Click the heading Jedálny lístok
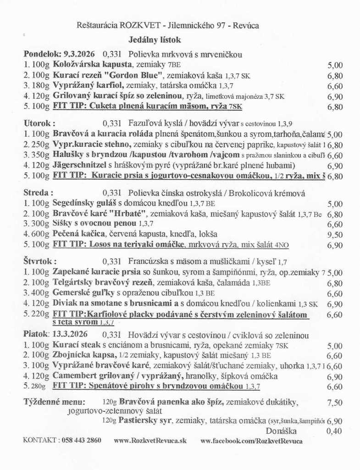point(155,40)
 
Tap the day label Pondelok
point(40,53)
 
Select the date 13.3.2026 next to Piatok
point(72,335)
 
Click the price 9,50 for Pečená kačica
point(335,234)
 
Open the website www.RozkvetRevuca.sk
point(150,440)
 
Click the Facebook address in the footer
point(252,440)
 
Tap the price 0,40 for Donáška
point(335,431)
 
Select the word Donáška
point(281,431)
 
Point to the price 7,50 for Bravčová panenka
point(335,403)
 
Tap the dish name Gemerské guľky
point(81,293)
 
